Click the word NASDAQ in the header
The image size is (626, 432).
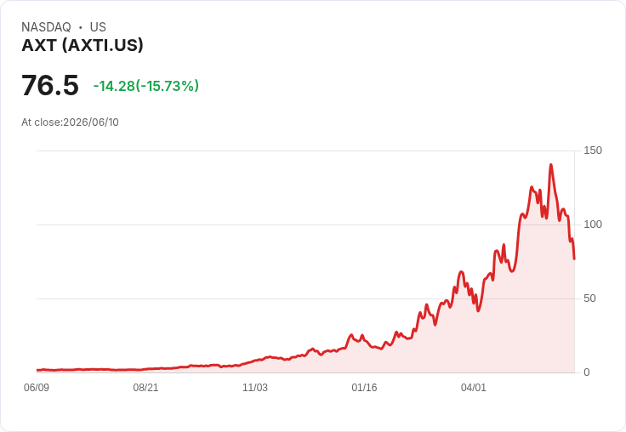coord(46,27)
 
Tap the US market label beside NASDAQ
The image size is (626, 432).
coord(98,27)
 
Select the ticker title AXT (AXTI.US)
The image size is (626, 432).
coord(83,46)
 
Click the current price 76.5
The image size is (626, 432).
coord(50,85)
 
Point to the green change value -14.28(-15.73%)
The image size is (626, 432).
coord(146,86)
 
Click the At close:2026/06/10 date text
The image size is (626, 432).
coord(70,122)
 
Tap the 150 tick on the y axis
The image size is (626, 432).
coord(593,151)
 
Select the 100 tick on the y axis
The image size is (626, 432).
coord(593,225)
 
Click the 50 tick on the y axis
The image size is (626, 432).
coord(589,298)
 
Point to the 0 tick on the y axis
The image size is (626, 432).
coord(587,372)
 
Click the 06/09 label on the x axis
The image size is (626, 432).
coord(37,387)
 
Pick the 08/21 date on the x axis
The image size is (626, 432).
coord(145,387)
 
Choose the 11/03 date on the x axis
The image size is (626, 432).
coord(255,387)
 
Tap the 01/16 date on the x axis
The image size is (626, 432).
coord(364,387)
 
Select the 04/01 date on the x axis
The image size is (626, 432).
coord(474,387)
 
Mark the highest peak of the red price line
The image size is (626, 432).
coord(551,164)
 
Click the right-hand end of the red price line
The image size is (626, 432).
coord(574,259)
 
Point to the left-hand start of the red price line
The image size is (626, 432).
coord(37,370)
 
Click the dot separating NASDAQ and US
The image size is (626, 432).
coord(81,27)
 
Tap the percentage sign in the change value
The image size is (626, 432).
coord(188,86)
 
